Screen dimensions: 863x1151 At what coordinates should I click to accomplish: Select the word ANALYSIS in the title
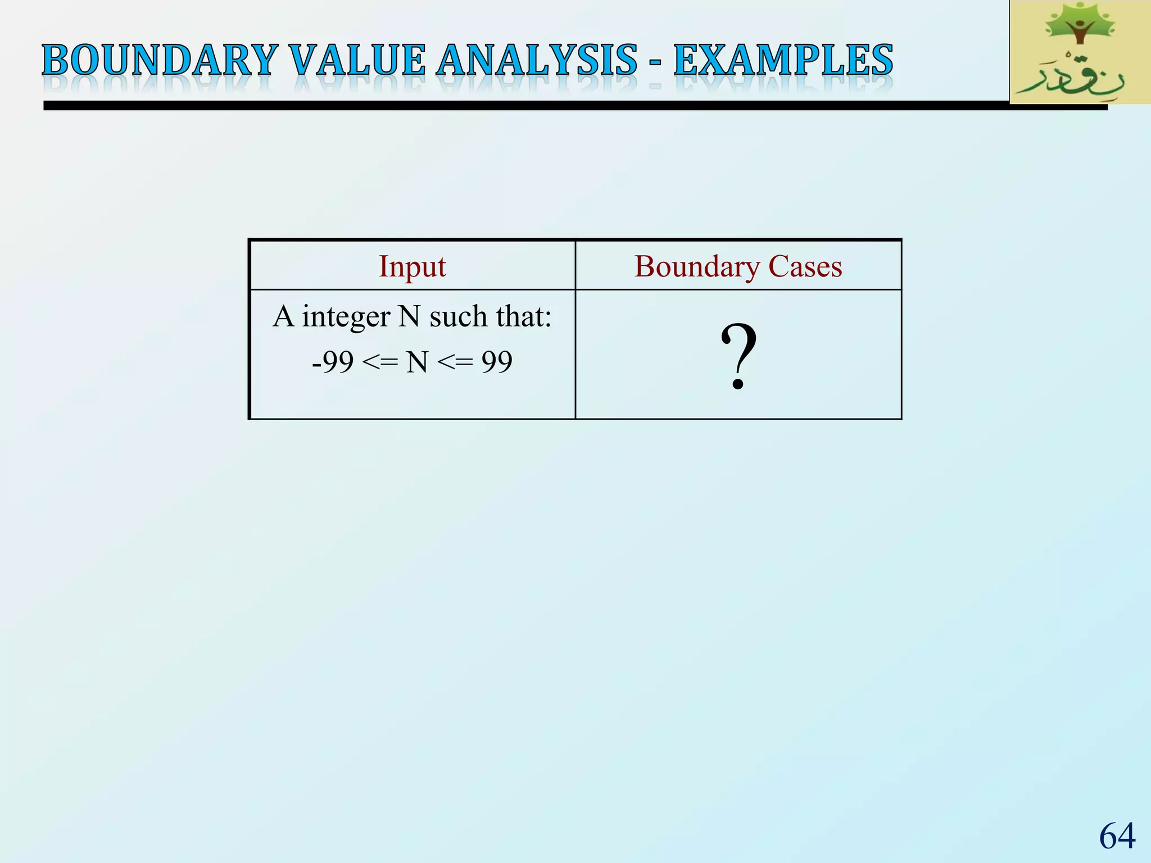tap(537, 60)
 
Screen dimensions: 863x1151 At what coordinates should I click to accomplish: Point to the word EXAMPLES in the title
tap(783, 60)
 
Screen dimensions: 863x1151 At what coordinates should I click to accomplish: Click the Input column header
tap(412, 266)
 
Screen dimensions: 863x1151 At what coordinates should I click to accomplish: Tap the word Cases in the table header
tap(805, 266)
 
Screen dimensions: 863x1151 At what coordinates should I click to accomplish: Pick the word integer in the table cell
tap(346, 317)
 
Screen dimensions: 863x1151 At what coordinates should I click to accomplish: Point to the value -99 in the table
tap(333, 362)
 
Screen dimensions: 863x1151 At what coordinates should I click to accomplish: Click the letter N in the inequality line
tap(417, 362)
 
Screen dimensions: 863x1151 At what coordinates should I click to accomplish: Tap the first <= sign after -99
tap(380, 362)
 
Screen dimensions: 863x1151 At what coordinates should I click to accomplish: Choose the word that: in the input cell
tap(524, 317)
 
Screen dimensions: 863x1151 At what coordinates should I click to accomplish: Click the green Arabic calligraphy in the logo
tap(1073, 79)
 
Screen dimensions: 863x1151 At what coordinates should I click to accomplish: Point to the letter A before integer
tap(284, 317)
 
